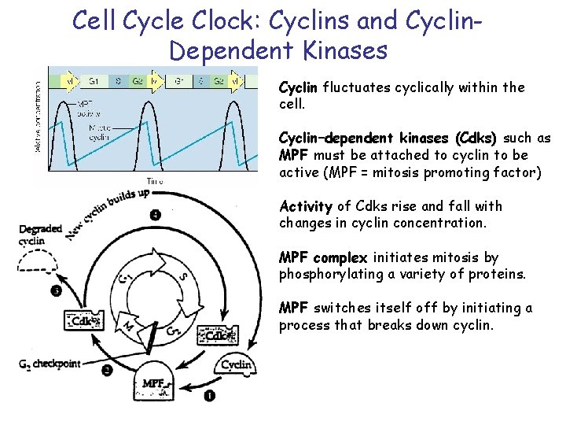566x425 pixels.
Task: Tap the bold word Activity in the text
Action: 306,206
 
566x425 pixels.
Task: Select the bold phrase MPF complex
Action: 322,257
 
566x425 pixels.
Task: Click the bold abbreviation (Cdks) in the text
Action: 476,139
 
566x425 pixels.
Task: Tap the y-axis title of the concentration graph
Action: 39,118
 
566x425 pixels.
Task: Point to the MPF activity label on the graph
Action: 88,108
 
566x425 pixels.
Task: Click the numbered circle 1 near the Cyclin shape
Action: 211,396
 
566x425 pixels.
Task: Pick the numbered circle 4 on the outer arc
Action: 156,214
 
